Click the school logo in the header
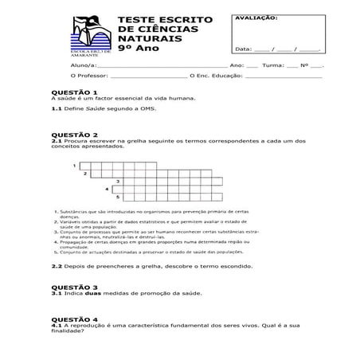tap(88, 36)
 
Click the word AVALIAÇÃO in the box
tap(256, 16)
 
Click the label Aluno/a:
tap(81, 65)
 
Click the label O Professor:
tap(88, 76)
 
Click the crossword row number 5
tap(118, 196)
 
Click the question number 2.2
tap(56, 266)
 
